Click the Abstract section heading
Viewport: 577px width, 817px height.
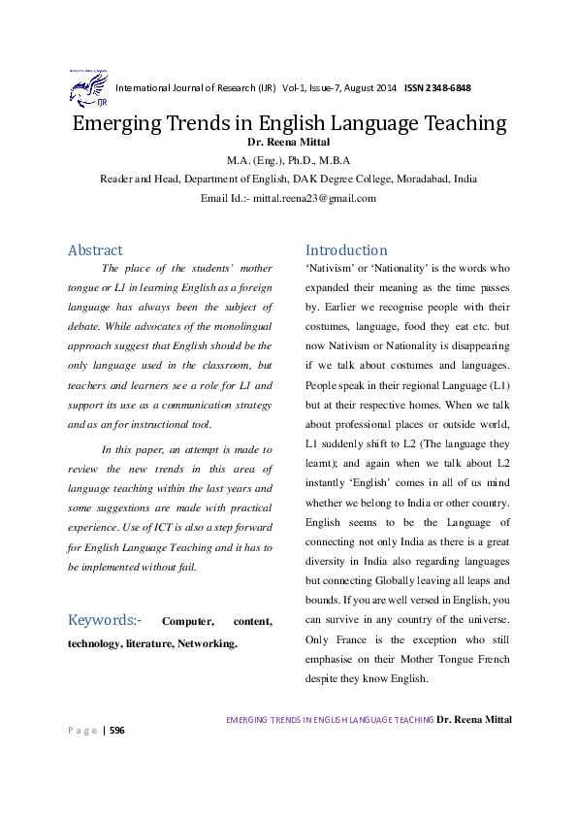click(95, 250)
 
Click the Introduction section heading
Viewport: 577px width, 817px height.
click(346, 250)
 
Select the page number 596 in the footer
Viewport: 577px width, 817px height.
click(118, 730)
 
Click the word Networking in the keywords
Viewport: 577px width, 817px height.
click(206, 642)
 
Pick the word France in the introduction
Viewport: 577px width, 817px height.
click(357, 640)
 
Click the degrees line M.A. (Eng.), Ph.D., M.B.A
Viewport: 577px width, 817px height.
click(288, 161)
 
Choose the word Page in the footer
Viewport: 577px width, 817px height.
click(82, 730)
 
